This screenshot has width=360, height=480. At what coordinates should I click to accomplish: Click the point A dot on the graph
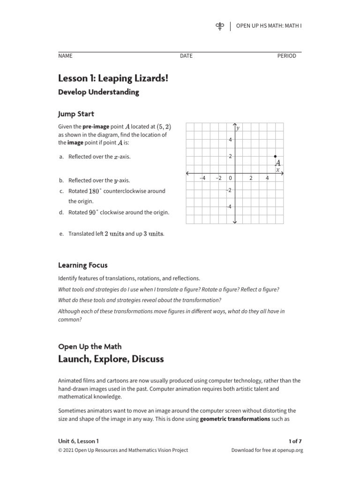275,156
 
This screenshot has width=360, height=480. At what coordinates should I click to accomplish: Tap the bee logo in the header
219,26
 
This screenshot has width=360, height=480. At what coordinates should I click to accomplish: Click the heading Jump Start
76,114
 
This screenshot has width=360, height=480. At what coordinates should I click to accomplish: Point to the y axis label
238,128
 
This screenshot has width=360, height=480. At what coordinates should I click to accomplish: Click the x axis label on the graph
277,170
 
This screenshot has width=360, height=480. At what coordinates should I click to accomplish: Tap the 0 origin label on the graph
231,178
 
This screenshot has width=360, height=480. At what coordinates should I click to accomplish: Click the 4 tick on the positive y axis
231,140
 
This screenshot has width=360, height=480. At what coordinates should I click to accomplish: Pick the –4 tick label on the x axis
202,178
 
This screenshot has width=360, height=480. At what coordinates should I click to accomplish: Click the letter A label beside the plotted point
277,162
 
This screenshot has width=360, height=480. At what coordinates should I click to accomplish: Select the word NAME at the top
65,56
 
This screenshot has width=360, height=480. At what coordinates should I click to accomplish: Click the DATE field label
186,56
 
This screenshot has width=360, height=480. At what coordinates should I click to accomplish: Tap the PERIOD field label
287,56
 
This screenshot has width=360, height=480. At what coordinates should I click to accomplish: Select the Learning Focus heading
82,265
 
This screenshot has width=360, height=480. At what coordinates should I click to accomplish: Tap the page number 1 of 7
296,441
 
